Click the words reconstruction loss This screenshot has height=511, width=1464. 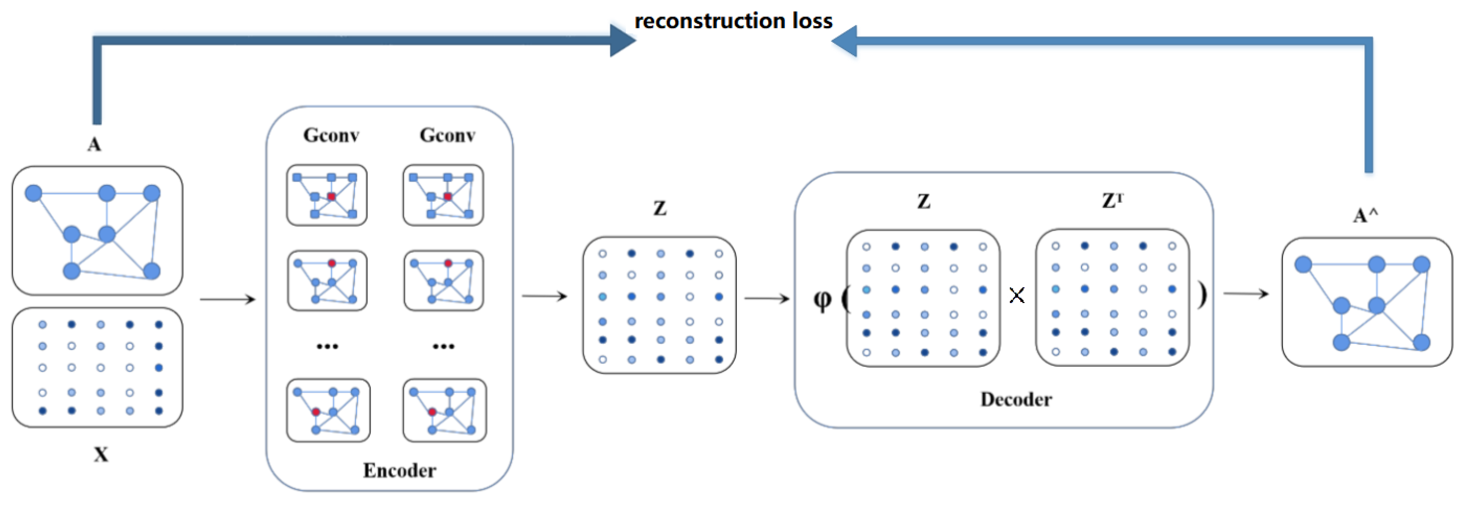(x=733, y=21)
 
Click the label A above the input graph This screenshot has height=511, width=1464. (x=94, y=144)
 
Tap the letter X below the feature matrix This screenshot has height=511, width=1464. (x=100, y=454)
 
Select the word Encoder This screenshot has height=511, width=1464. (x=399, y=470)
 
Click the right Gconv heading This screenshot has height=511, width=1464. (x=447, y=135)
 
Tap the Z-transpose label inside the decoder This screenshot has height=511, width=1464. (x=1112, y=200)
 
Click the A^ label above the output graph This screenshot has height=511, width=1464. (x=1365, y=215)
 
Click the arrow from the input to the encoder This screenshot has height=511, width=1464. (x=227, y=299)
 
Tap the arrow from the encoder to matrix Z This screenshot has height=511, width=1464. (x=544, y=296)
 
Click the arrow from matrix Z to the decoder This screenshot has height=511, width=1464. (x=767, y=298)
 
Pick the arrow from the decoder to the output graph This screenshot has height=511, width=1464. (x=1246, y=294)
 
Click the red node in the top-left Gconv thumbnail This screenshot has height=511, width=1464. (x=331, y=196)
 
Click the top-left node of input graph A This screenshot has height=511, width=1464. (x=33, y=193)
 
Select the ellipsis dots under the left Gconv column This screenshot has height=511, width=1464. (x=327, y=346)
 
